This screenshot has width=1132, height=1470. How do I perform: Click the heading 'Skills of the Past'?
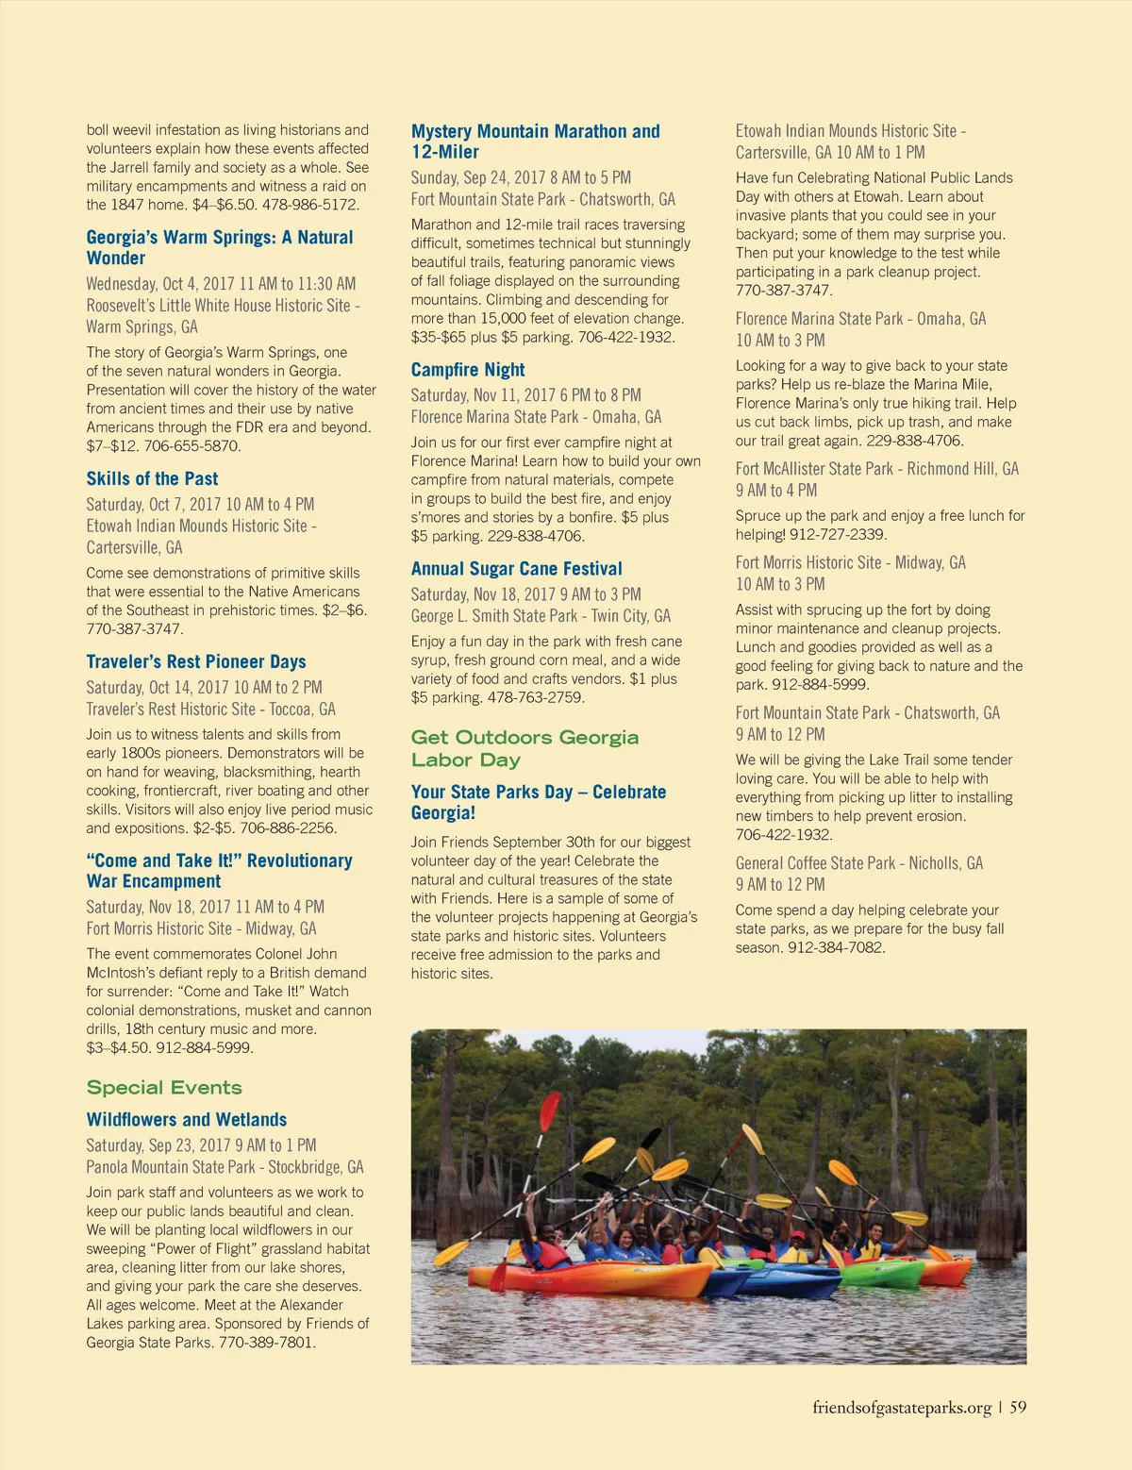click(x=152, y=479)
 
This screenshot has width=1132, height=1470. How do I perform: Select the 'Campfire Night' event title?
click(x=468, y=370)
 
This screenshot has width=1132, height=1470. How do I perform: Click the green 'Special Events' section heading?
click(x=164, y=1088)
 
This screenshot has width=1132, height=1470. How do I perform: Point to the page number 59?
click(x=1018, y=1408)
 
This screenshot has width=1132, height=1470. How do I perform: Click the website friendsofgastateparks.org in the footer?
click(x=901, y=1408)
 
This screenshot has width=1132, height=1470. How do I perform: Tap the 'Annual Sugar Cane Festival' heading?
click(x=516, y=569)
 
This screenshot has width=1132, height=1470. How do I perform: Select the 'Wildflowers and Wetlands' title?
click(x=187, y=1120)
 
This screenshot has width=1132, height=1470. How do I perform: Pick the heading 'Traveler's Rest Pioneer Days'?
click(x=196, y=662)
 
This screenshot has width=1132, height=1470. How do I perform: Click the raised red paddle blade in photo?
click(x=550, y=1111)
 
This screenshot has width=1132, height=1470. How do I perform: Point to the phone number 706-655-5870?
click(x=188, y=446)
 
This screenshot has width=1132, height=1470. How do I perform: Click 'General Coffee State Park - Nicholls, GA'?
click(x=858, y=863)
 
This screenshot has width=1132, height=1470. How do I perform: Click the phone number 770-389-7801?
click(x=267, y=1343)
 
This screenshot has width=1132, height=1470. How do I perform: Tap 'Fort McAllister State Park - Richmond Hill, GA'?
click(x=876, y=469)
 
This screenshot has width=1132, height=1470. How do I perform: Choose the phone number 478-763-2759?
click(x=536, y=698)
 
